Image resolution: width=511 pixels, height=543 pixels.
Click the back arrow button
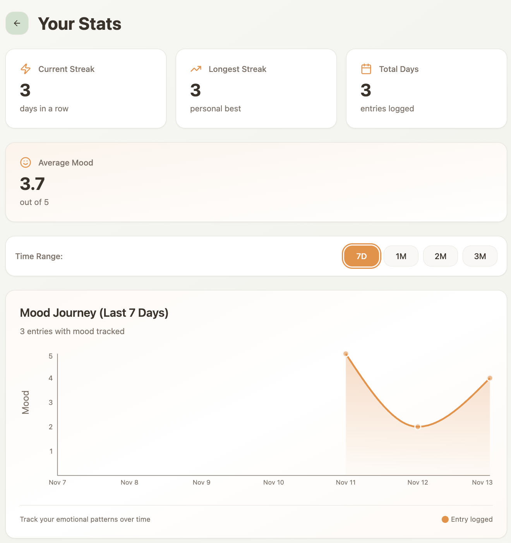click(17, 23)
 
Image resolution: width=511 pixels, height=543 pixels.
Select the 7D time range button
click(362, 256)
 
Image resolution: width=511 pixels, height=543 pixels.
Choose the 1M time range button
click(401, 256)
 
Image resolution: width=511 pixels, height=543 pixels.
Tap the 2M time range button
click(441, 256)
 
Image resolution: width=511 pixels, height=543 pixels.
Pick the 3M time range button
click(480, 256)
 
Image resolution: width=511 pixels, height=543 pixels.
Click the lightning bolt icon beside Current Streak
click(26, 69)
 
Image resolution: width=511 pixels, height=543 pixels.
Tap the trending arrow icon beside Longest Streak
click(196, 69)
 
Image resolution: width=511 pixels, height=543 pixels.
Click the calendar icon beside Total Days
click(366, 69)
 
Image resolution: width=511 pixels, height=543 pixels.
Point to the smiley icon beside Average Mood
click(26, 162)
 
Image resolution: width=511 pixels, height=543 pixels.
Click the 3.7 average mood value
click(33, 184)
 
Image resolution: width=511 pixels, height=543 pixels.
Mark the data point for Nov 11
click(346, 354)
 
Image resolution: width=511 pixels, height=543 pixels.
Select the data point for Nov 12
click(418, 427)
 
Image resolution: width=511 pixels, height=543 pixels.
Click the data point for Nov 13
click(490, 378)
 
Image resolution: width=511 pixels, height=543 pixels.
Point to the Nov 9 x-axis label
click(201, 482)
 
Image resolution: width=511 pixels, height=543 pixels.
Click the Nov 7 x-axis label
click(57, 482)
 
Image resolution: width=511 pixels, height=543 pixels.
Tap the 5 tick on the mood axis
click(51, 356)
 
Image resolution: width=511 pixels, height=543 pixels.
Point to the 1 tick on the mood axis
click(51, 451)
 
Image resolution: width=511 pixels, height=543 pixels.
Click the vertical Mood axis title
click(26, 402)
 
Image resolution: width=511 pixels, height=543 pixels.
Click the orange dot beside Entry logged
click(445, 519)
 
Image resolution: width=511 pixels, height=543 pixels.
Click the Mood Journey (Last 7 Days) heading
click(94, 312)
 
